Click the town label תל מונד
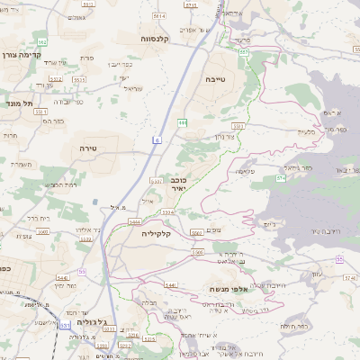(x=18, y=103)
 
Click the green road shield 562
(x=42, y=42)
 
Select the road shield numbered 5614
(x=159, y=16)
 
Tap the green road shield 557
(x=244, y=52)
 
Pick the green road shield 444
(x=183, y=121)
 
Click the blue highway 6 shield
(x=157, y=139)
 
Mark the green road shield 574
(x=281, y=178)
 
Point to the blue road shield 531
(x=81, y=271)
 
